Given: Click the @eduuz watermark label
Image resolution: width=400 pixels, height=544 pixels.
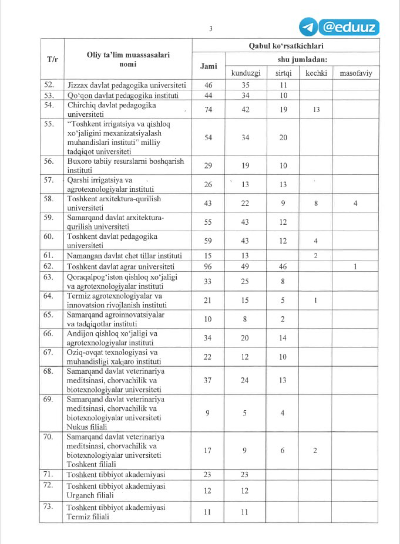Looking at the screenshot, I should pos(349,27).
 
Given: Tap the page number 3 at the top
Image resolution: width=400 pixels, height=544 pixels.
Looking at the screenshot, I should pos(211,29).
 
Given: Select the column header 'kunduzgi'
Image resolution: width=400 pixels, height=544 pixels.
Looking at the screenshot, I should pos(245,73).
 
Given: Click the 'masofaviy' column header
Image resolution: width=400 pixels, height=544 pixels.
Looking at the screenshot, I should pos(355,73).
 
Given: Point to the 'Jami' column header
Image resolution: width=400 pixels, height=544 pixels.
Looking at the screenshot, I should pos(209,66).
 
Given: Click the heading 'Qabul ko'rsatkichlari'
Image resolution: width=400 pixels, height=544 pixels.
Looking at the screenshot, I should pos(285,45).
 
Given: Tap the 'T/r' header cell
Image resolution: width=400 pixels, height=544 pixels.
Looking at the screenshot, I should pos(52,59).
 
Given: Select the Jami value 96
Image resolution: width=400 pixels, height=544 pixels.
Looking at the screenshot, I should pos(208,266).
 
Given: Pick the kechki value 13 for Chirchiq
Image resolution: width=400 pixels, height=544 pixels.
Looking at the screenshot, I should pos(317,109).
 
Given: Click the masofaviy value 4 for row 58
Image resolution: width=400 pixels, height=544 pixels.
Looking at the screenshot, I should pos(355,203).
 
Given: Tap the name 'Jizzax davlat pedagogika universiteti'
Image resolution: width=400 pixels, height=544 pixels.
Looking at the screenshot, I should pos(126,85).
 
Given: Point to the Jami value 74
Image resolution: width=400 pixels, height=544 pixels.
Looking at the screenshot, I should pos(208,109).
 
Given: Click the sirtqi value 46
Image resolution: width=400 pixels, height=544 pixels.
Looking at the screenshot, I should pos(283,266).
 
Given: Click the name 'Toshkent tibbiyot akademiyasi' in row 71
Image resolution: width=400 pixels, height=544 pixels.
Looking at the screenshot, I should pos(116,475).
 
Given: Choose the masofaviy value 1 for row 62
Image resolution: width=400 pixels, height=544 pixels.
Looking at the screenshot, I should pos(355,266).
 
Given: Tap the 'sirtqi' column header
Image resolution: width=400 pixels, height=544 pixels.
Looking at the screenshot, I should pos(283,73).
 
